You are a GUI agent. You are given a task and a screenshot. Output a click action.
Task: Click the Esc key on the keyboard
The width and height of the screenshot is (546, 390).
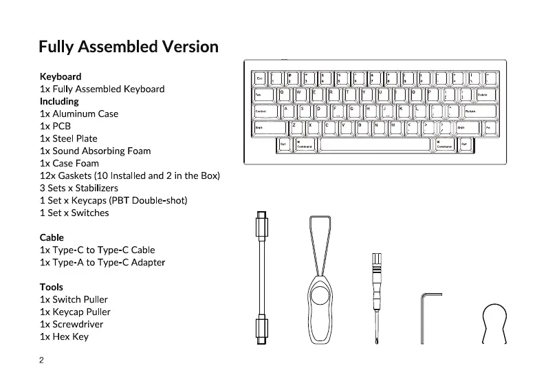click(x=261, y=78)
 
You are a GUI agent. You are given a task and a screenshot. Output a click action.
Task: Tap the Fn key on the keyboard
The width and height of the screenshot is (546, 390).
click(x=488, y=127)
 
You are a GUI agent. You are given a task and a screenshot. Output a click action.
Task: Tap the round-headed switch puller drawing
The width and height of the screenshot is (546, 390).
click(x=496, y=320)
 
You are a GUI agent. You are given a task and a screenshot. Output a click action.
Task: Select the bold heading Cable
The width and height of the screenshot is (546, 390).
click(x=52, y=237)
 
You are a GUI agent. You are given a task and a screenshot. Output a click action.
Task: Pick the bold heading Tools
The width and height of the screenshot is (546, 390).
click(x=52, y=287)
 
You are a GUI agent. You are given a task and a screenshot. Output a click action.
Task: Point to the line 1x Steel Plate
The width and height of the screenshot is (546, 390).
click(x=69, y=138)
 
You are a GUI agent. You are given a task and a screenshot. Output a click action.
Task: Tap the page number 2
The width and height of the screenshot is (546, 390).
click(x=42, y=360)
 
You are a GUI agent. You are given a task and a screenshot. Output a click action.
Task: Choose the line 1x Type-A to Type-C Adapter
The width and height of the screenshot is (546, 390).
click(x=102, y=262)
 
